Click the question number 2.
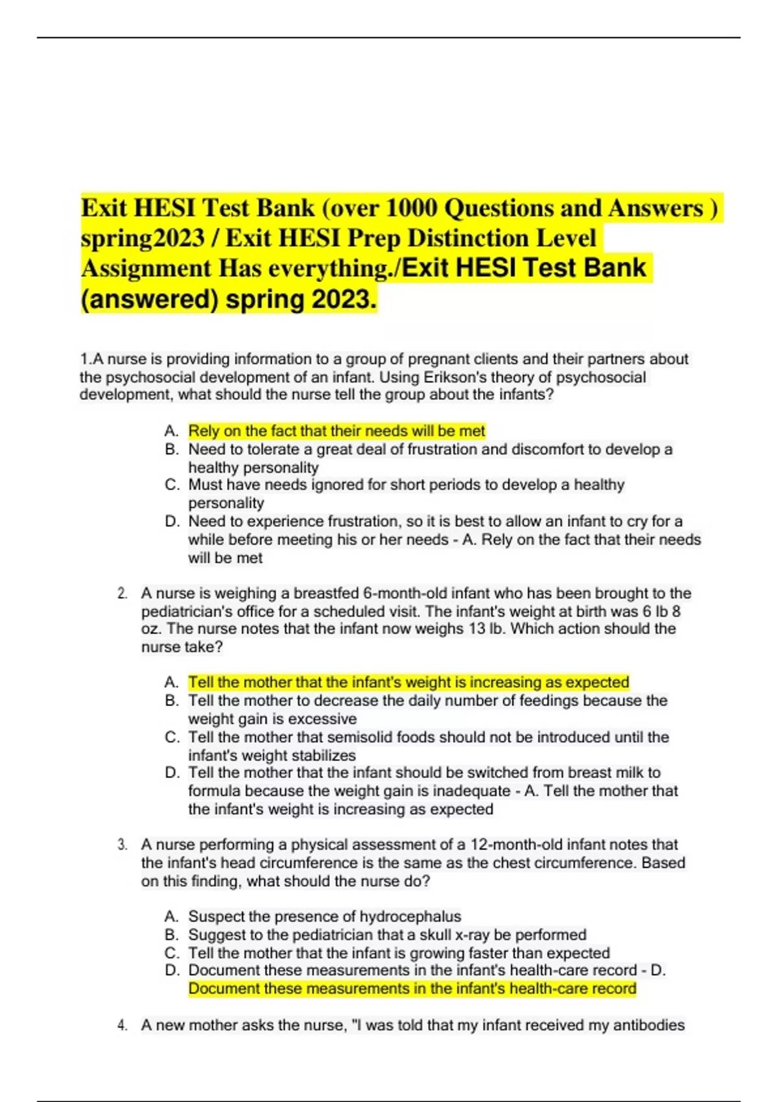122,593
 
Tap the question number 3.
122,845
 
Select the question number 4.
122,1025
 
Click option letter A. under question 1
171,431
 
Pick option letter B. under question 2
171,701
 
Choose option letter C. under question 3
171,953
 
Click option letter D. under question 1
171,521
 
